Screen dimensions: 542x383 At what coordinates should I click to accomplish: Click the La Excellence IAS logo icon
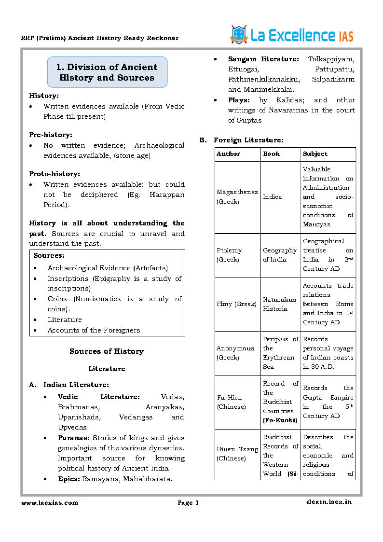tap(238, 34)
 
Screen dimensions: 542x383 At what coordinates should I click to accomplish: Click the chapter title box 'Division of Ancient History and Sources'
tap(107, 72)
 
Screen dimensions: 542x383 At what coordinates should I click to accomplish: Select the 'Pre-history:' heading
tap(48, 135)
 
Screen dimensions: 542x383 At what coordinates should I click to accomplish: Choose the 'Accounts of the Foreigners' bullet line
tap(94, 330)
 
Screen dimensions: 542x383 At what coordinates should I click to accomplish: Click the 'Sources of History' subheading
tap(107, 351)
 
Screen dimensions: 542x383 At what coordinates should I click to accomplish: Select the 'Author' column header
tap(228, 154)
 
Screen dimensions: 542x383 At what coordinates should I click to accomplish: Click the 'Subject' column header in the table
tap(315, 154)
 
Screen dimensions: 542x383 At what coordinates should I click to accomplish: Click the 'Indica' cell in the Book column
tap(273, 197)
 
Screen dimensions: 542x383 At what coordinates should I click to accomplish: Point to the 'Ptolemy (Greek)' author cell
tap(229, 255)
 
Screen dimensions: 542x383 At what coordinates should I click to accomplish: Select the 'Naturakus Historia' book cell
tap(275, 304)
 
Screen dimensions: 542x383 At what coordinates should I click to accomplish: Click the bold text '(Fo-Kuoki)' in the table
tap(280, 420)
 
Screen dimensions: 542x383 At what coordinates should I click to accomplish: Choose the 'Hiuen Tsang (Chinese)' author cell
tap(237, 454)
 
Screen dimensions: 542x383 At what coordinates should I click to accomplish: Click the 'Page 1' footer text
tap(188, 503)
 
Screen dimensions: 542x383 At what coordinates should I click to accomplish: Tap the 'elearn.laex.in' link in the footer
tap(328, 502)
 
